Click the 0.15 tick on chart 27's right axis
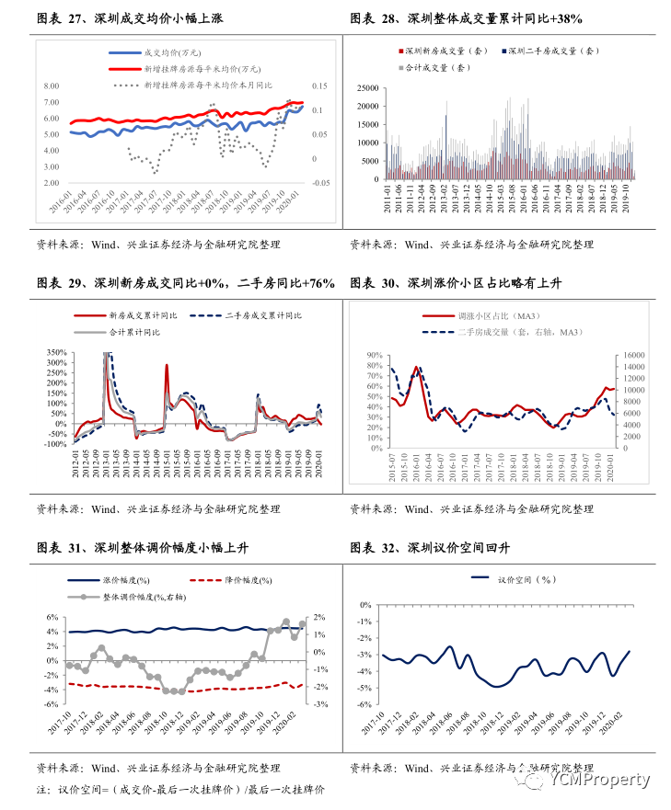pyautogui.click(x=318, y=86)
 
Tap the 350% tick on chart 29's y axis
pyautogui.click(x=54, y=352)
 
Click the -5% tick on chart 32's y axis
pyautogui.click(x=364, y=687)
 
